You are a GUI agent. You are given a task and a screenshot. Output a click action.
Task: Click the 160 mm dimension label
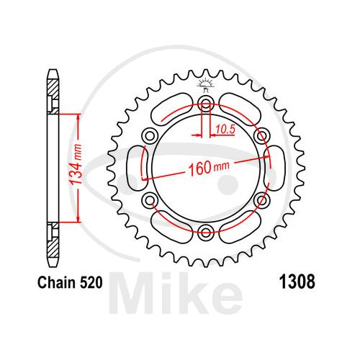[209, 167]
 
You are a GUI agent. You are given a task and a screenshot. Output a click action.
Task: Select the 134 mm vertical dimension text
[76, 164]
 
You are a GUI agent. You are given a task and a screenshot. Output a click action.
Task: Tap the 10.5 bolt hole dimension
[225, 130]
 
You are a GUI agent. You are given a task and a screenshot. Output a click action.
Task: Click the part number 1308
[297, 282]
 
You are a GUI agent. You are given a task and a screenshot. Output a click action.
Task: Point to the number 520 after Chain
[91, 282]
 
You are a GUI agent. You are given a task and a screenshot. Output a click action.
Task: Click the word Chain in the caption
[56, 282]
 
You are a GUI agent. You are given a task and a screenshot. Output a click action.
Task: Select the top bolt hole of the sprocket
[206, 104]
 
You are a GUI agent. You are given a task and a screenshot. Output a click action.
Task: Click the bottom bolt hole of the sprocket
[206, 232]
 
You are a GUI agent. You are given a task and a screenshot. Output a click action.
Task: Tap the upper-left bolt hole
[150, 136]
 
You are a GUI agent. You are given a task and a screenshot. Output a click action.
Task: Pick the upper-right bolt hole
[261, 136]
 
